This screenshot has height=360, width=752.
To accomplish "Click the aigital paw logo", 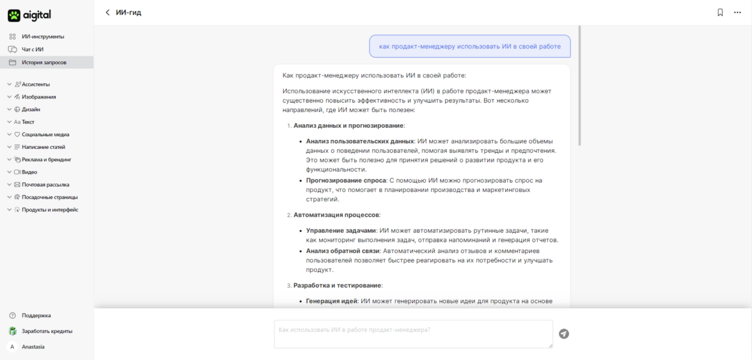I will tap(14, 15).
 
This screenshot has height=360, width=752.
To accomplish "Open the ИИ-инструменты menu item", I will tap(42, 36).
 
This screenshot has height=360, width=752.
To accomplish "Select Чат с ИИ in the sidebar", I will tap(33, 49).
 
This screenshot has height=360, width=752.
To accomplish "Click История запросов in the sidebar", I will tap(43, 63).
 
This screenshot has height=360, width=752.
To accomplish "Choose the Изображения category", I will tap(39, 97).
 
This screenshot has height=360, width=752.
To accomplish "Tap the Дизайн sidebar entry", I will tap(31, 109).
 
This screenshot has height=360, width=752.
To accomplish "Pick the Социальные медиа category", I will tap(45, 135).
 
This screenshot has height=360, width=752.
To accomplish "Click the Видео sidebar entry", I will tap(29, 172).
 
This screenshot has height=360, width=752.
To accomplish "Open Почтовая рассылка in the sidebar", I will tap(45, 185).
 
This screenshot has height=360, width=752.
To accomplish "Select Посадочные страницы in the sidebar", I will tap(49, 198).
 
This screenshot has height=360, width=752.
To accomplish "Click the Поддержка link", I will tap(36, 315).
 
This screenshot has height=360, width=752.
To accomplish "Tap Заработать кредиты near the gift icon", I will tap(47, 331).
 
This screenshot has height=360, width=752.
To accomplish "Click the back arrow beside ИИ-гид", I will tap(107, 13).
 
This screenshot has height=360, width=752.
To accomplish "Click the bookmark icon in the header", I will tap(720, 13).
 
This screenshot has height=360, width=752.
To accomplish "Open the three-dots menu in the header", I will tap(737, 13).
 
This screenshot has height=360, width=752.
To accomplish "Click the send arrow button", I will tap(563, 334).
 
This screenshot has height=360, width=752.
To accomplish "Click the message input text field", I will tap(413, 334).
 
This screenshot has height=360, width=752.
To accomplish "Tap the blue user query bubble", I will tap(469, 46).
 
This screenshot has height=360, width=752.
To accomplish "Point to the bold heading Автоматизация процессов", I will tap(336, 215).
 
